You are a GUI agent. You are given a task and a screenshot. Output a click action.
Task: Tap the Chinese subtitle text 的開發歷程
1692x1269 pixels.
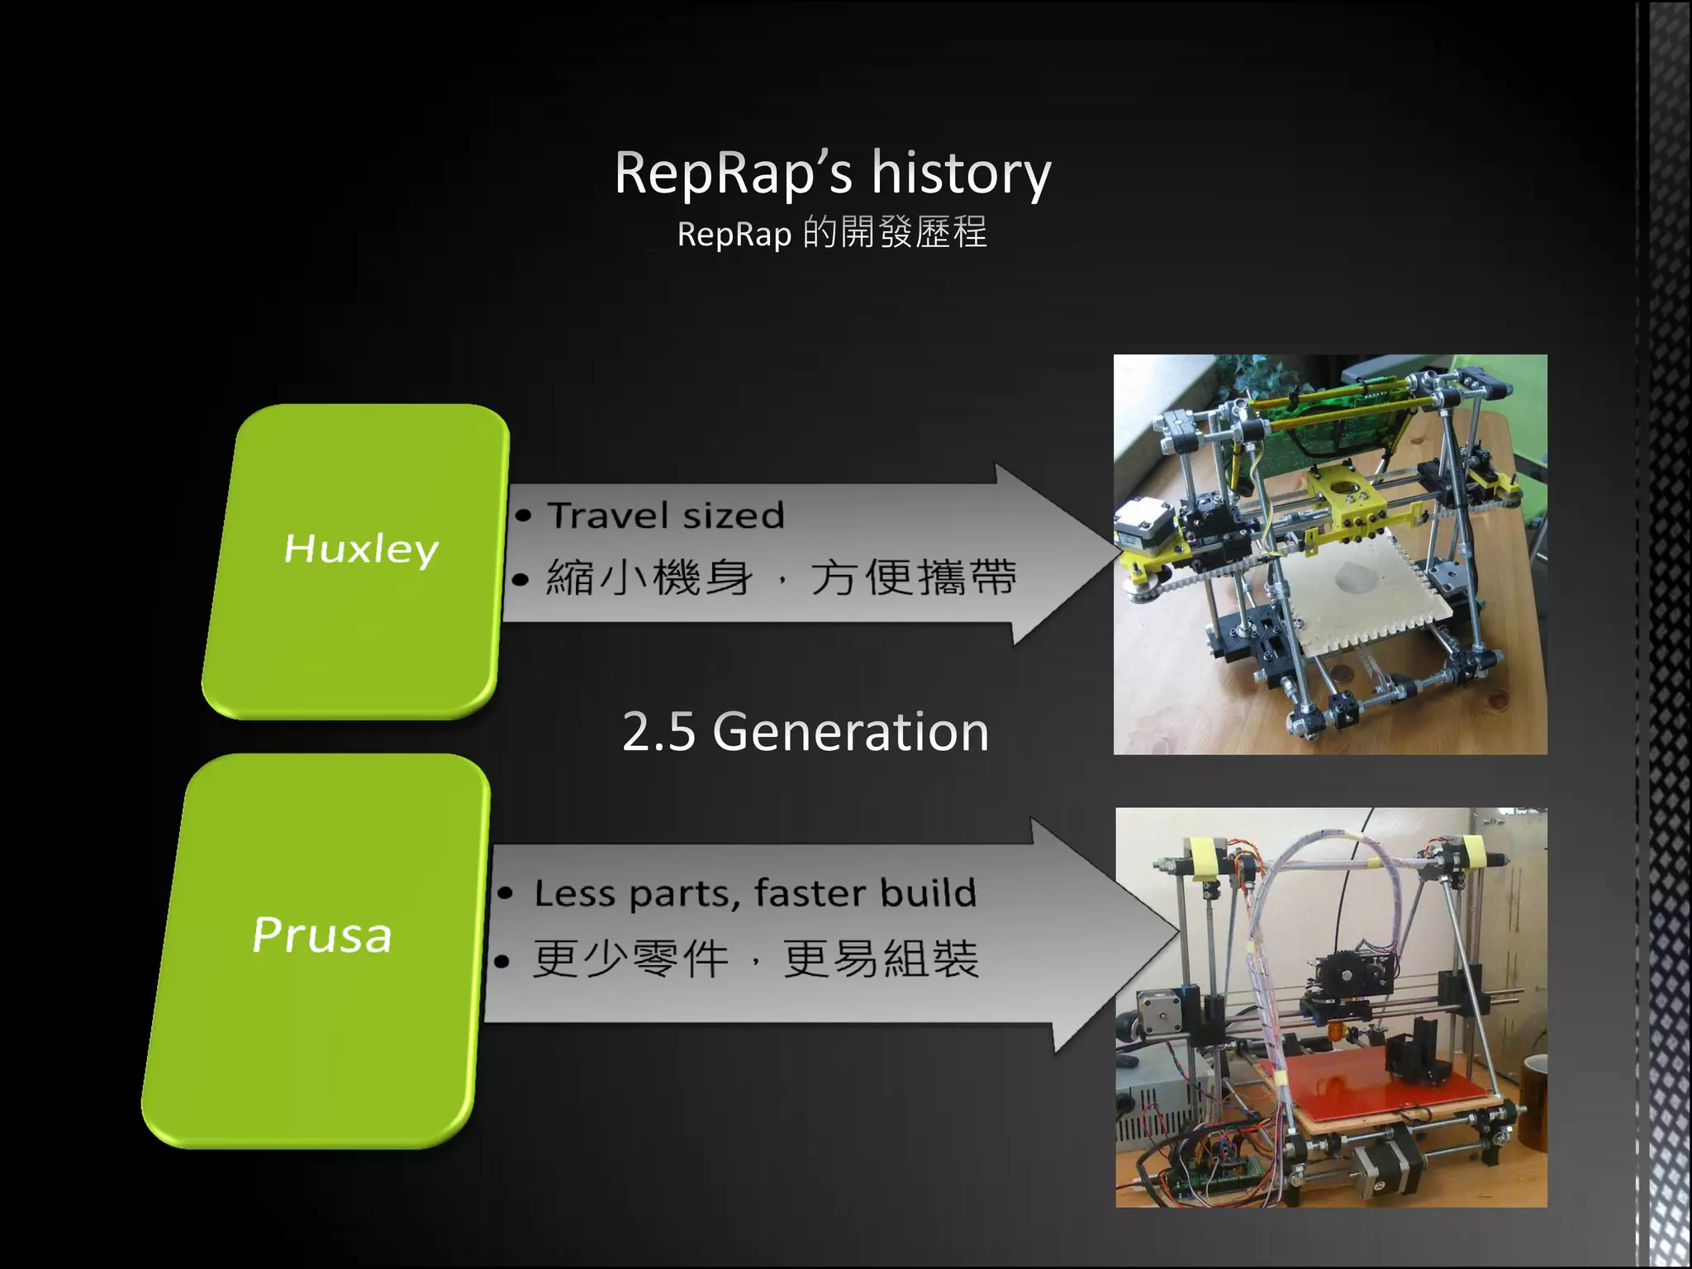pos(895,233)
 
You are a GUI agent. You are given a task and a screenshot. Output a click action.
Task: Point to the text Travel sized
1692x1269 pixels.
pos(665,516)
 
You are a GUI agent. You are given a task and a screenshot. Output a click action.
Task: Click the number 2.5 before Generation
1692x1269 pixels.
pos(658,732)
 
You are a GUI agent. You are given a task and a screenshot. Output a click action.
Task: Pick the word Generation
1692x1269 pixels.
pos(850,732)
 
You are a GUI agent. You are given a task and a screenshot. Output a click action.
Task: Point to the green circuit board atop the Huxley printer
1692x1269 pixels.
pos(1322,421)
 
